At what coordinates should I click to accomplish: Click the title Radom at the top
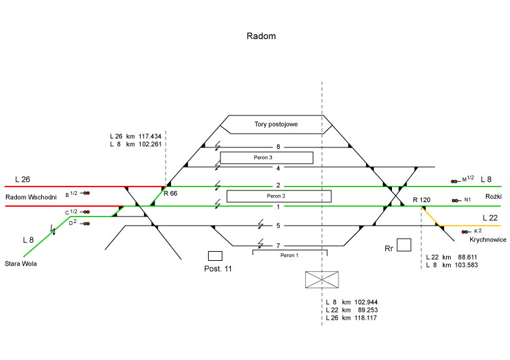pyautogui.click(x=261, y=36)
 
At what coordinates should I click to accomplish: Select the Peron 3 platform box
pyautogui.click(x=266, y=157)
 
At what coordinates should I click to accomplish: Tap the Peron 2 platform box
pyautogui.click(x=278, y=196)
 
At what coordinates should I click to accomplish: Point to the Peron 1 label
pyautogui.click(x=288, y=255)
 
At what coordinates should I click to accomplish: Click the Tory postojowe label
pyautogui.click(x=276, y=125)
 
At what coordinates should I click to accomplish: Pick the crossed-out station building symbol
pyautogui.click(x=322, y=280)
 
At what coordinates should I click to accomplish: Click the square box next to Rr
pyautogui.click(x=404, y=245)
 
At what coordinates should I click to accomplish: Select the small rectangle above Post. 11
pyautogui.click(x=215, y=256)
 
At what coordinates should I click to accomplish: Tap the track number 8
pyautogui.click(x=278, y=147)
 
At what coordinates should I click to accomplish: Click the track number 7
pyautogui.click(x=278, y=245)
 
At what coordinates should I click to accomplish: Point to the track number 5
pyautogui.click(x=278, y=226)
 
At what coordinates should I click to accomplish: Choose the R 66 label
pyautogui.click(x=170, y=194)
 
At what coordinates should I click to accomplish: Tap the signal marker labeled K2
pyautogui.click(x=465, y=232)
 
